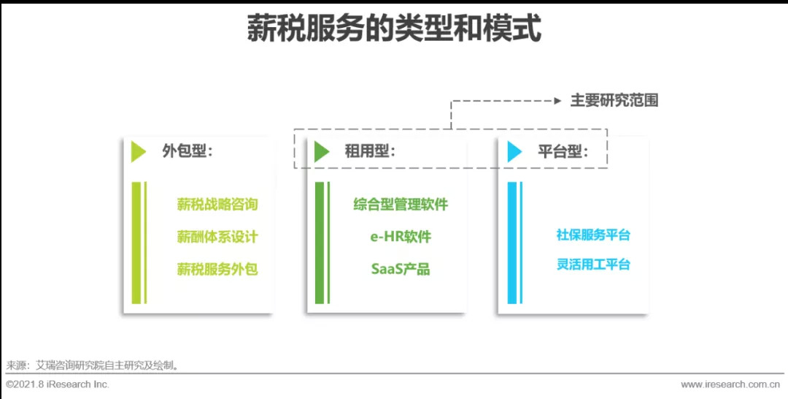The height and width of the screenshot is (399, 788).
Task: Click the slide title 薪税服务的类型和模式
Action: (x=394, y=30)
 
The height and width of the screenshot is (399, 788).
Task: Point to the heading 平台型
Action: (x=563, y=151)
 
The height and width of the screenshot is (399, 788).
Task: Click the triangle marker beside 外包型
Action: (x=138, y=152)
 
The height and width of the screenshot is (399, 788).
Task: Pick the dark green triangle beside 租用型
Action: (x=322, y=152)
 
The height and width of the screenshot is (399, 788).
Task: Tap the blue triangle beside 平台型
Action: (x=514, y=152)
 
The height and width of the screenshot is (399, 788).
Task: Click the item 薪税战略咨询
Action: (x=217, y=205)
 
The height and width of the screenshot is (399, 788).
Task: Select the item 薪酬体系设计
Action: (x=217, y=237)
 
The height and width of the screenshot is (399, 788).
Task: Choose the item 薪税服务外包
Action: (x=217, y=269)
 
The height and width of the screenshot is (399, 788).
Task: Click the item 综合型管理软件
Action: (x=401, y=205)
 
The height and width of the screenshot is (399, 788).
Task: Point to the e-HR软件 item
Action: (x=401, y=237)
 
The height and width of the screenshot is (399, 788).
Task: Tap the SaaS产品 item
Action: (x=401, y=269)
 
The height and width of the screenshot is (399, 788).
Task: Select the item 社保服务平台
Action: (x=593, y=235)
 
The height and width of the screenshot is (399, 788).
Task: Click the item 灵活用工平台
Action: (x=593, y=265)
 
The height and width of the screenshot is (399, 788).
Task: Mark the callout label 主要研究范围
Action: (x=614, y=101)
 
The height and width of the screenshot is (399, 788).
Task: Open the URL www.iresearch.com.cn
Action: (x=730, y=384)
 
